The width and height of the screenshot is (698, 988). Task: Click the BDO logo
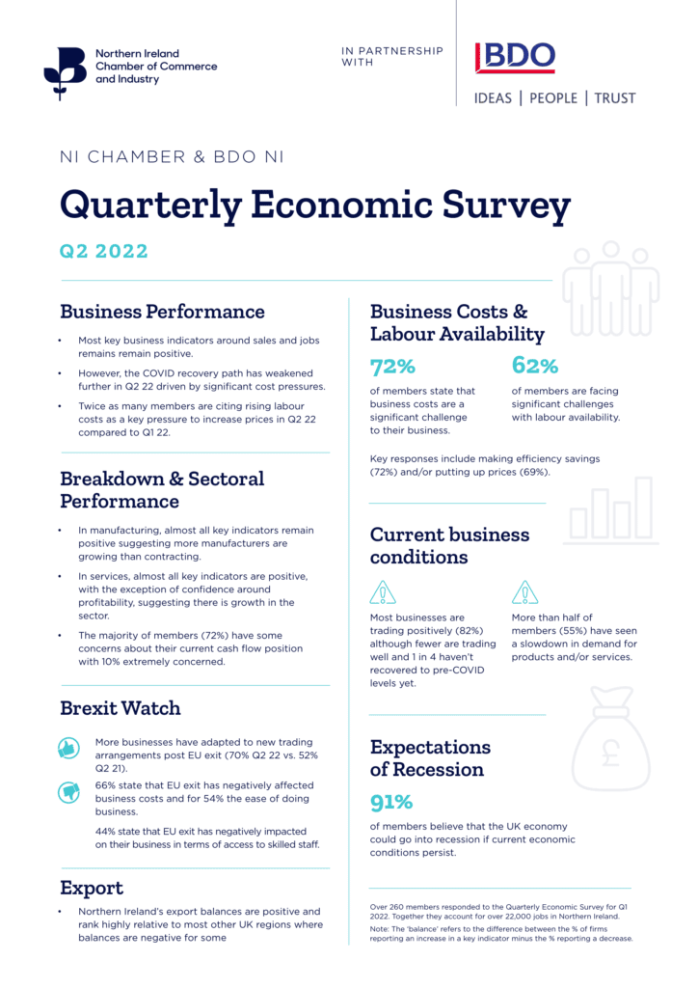click(x=516, y=58)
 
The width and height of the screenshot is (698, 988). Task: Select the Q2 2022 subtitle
click(x=104, y=252)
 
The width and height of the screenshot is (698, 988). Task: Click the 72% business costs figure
click(x=392, y=367)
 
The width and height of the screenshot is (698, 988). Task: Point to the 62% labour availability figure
click(x=535, y=367)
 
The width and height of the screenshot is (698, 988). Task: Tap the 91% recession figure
click(x=391, y=802)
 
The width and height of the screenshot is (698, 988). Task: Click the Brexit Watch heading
click(x=121, y=708)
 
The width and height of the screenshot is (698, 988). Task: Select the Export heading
click(x=92, y=888)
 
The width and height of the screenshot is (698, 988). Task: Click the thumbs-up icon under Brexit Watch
click(x=68, y=748)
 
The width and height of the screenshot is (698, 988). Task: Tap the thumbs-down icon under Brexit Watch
click(x=69, y=792)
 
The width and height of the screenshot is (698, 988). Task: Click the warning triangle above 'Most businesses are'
click(x=383, y=592)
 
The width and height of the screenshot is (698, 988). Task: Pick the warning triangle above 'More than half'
click(x=524, y=592)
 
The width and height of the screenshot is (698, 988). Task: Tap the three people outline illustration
click(x=610, y=289)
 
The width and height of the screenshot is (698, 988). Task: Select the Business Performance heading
click(x=162, y=312)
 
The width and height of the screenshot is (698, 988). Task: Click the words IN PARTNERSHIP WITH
click(x=392, y=56)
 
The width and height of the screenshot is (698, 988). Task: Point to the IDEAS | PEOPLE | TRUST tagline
click(x=554, y=98)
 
